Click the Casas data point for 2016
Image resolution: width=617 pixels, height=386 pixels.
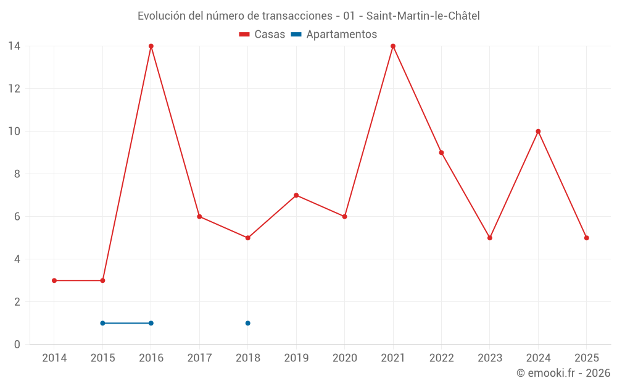pos(151,46)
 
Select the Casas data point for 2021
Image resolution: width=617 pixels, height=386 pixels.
pos(393,46)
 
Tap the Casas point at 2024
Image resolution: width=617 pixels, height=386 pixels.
pos(538,132)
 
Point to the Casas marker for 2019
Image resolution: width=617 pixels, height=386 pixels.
pos(296,195)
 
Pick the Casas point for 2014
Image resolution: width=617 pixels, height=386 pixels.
pos(54,280)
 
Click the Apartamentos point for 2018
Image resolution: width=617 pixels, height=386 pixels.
pos(248,323)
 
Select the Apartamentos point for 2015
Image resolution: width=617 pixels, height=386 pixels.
pos(102,323)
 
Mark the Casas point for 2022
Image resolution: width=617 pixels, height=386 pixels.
pos(441,153)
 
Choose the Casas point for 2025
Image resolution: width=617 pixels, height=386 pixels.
pos(587,238)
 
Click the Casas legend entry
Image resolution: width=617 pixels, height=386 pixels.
pos(262,35)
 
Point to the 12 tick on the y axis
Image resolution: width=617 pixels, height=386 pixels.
pos(14,89)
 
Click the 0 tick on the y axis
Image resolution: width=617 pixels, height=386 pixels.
pos(17,345)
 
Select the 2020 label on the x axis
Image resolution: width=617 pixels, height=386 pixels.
pos(344,358)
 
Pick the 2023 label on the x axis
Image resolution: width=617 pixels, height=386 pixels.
pos(490,358)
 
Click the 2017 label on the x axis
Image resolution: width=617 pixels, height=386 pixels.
pos(199,358)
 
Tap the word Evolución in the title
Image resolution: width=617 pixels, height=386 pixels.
pos(162,16)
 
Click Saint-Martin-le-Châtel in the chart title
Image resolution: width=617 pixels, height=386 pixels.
pos(423,16)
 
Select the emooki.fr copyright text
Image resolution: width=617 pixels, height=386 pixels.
pos(563,373)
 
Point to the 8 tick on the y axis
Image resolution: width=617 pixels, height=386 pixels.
pos(17,174)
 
